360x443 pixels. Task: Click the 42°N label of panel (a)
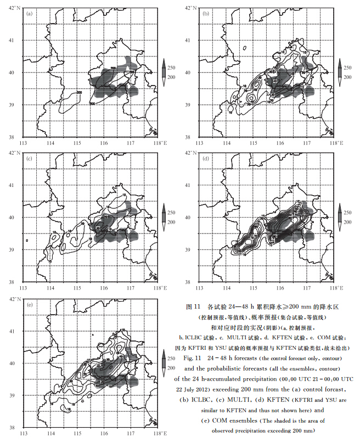pos(14,7)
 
